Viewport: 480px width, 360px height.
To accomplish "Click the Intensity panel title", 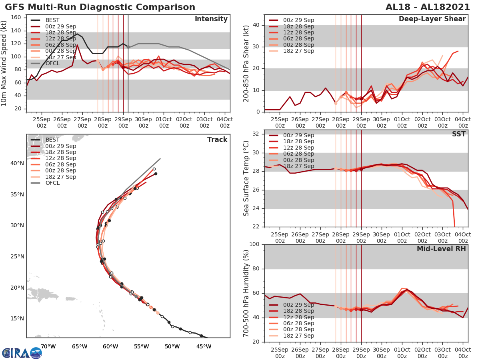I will click(x=211, y=19).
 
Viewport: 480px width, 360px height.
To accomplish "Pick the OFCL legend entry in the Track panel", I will click(x=52, y=183).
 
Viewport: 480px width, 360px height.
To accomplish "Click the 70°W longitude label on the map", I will click(x=48, y=346).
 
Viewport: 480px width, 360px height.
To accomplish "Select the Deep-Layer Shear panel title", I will click(x=432, y=19).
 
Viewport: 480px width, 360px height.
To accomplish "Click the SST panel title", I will click(x=458, y=134).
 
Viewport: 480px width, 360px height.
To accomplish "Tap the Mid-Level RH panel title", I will click(x=441, y=249).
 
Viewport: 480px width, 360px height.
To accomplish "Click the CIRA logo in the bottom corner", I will click(x=22, y=353).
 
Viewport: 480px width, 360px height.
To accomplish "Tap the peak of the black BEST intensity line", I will click(x=77, y=34).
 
